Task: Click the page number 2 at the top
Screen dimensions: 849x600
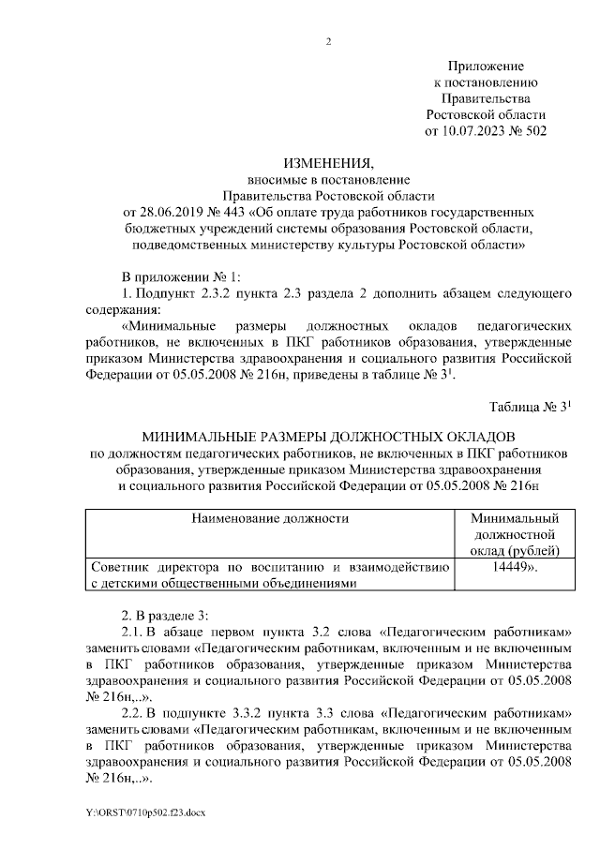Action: click(x=329, y=41)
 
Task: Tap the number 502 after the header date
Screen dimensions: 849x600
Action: click(x=532, y=131)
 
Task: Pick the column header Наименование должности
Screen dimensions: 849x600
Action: click(x=270, y=518)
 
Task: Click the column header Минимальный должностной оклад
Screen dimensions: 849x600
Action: click(x=515, y=533)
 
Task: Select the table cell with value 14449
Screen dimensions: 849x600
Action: click(x=512, y=567)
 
